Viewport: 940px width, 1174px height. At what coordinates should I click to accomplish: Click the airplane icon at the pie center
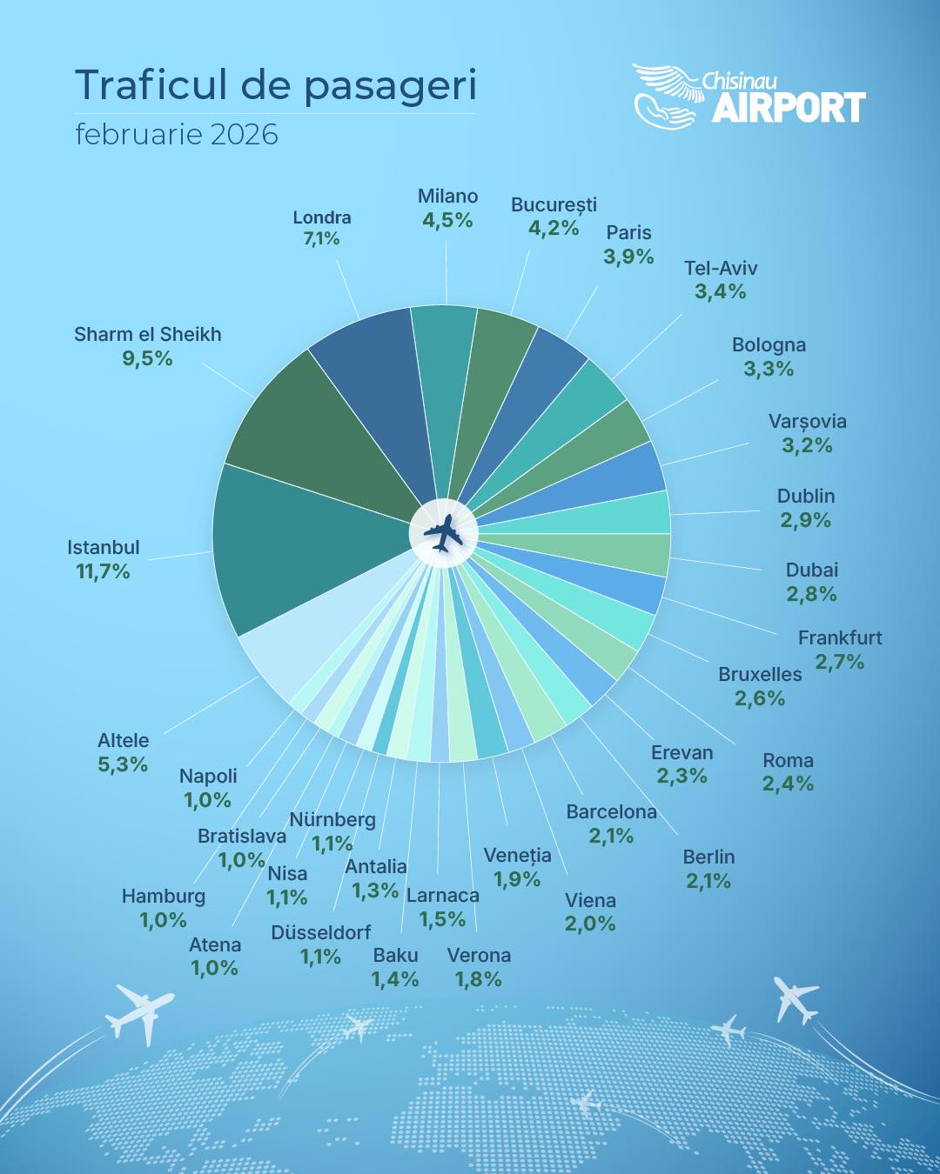443,533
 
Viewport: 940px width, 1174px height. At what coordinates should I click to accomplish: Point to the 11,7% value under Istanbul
103,571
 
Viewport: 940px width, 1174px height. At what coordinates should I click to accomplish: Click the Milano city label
447,197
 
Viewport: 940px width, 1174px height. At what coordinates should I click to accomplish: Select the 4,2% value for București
554,228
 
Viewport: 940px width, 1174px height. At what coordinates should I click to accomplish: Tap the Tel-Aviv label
721,268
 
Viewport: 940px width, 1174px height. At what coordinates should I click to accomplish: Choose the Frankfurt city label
840,637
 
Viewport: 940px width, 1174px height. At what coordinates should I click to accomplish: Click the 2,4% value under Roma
788,784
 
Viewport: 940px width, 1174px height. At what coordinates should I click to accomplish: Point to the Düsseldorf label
321,932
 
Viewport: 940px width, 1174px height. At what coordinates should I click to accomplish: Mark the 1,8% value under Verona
478,979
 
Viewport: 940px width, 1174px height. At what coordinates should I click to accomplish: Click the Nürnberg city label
332,819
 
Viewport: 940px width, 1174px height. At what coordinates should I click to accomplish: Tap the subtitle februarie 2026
177,135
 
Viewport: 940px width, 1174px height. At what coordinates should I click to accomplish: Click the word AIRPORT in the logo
789,108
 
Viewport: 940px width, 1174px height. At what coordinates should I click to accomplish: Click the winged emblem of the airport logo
667,95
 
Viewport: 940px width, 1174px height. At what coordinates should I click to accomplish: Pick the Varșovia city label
807,422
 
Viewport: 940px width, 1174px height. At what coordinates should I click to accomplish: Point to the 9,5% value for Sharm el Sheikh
147,358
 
